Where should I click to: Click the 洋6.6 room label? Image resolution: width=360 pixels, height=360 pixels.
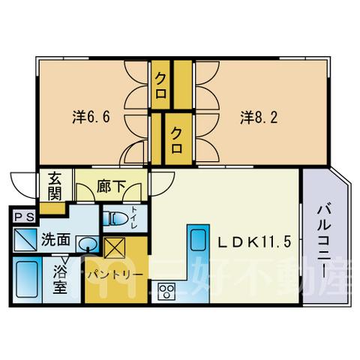pyautogui.click(x=91, y=117)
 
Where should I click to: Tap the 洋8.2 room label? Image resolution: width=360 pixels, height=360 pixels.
pyautogui.click(x=259, y=117)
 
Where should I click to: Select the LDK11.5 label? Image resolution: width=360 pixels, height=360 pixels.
pyautogui.click(x=255, y=241)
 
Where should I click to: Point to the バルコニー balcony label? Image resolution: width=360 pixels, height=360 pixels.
pyautogui.click(x=324, y=241)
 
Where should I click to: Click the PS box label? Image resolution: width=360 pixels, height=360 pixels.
pyautogui.click(x=24, y=217)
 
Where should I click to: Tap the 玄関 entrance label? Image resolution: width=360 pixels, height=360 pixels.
pyautogui.click(x=55, y=185)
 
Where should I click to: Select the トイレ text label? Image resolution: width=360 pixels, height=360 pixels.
pyautogui.click(x=134, y=217)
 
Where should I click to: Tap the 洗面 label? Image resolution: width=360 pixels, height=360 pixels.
pyautogui.click(x=55, y=240)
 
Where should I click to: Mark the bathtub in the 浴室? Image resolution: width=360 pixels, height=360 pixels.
pyautogui.click(x=27, y=279)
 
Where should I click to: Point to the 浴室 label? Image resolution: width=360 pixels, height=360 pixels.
pyautogui.click(x=60, y=279)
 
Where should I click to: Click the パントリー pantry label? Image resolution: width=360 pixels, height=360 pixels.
pyautogui.click(x=115, y=274)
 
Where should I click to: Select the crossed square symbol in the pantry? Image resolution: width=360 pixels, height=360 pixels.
pyautogui.click(x=115, y=247)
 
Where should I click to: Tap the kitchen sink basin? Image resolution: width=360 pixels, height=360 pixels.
pyautogui.click(x=198, y=239)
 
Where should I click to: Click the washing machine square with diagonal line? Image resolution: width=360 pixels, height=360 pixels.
pyautogui.click(x=25, y=239)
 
